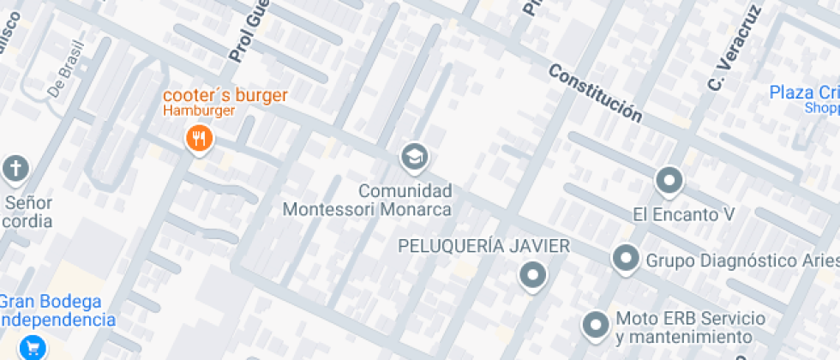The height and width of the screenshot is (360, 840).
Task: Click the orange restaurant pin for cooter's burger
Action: pos(199,138)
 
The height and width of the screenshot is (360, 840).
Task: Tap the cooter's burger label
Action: pos(226,95)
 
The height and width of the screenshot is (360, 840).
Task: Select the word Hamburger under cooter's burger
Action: pos(199,111)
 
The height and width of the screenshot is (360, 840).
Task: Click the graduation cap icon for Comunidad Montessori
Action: pos(415,156)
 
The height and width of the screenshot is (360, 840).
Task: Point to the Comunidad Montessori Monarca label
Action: pos(368,200)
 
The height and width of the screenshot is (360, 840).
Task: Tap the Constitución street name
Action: pos(595,93)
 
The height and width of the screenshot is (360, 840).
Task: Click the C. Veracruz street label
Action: pos(723,63)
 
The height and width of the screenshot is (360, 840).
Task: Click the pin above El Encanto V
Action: pos(669,181)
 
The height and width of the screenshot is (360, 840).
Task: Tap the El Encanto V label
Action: pos(684,214)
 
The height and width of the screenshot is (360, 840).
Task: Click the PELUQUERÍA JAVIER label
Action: pos(484,247)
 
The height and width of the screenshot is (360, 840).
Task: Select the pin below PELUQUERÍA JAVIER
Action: pos(533,275)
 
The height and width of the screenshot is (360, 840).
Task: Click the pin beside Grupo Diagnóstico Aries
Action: pos(626,258)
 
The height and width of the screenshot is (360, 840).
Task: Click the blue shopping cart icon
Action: pos(35,347)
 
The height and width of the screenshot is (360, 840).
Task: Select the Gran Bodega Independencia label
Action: pos(55,311)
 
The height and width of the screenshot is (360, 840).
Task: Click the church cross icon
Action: pos(15,168)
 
